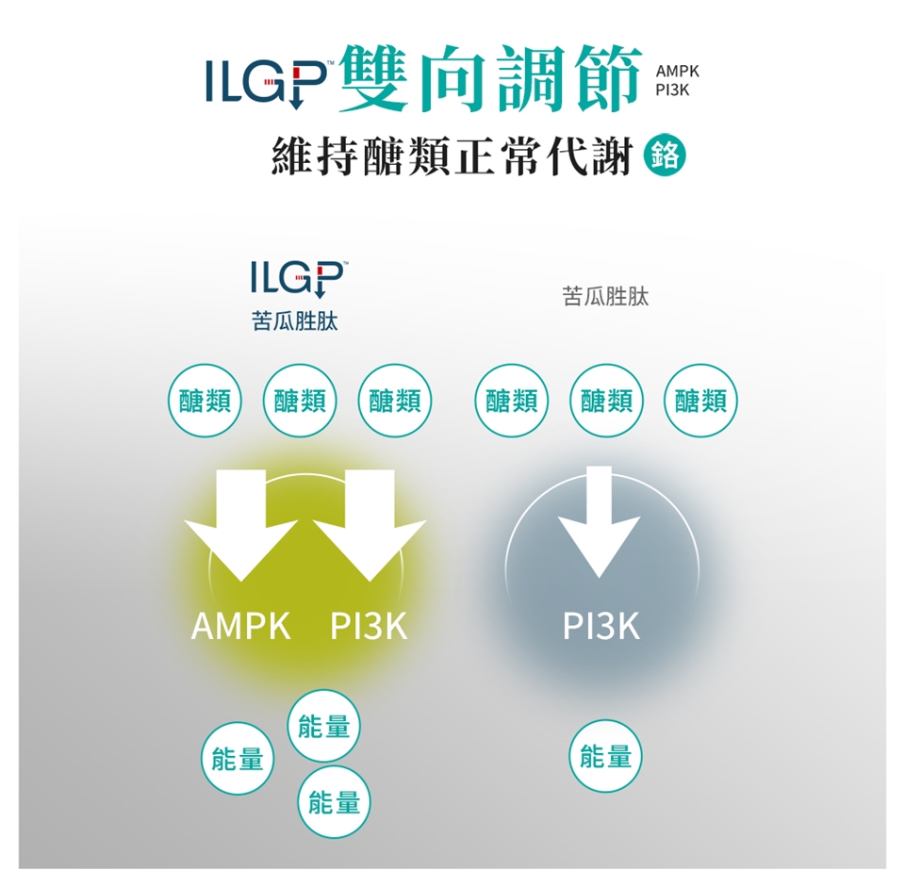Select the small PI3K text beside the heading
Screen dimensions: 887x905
tap(672, 91)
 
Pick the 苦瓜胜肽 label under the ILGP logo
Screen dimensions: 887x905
tap(295, 322)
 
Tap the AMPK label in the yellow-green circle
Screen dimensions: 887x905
tap(241, 626)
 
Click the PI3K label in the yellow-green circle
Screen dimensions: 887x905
tap(369, 626)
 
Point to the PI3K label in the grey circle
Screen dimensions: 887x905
tap(601, 626)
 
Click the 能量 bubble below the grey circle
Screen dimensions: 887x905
tap(605, 755)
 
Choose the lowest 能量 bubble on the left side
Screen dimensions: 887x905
tap(335, 802)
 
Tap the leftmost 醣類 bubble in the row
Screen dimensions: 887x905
tap(203, 401)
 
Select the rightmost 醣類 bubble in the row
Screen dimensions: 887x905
tap(701, 401)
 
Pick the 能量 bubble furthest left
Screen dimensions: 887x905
tap(238, 757)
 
